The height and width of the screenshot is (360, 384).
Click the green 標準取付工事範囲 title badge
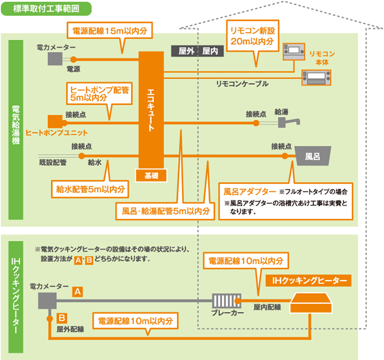[x=46, y=9]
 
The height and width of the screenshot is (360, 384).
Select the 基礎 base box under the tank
[x=151, y=176]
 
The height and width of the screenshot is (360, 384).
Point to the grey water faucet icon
[x=288, y=122]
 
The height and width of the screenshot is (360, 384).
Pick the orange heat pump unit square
[x=55, y=121]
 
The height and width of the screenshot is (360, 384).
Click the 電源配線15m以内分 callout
[x=110, y=31]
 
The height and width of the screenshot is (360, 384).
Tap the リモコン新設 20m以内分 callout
[x=253, y=36]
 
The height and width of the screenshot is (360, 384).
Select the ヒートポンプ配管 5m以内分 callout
[x=99, y=93]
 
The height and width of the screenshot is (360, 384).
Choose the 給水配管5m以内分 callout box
[x=90, y=189]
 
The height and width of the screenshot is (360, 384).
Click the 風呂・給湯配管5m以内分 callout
[x=165, y=211]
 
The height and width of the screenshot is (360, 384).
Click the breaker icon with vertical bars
[x=226, y=301]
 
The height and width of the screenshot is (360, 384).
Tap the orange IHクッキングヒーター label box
[x=309, y=280]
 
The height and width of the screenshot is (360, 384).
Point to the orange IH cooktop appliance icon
[x=311, y=303]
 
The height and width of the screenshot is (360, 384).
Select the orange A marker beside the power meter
[x=77, y=292]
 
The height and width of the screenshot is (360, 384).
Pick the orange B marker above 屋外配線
[x=62, y=318]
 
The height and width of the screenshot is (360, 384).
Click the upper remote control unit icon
[x=294, y=52]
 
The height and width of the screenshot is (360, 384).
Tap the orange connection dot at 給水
[x=82, y=156]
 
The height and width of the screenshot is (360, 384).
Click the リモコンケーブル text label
[x=242, y=84]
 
